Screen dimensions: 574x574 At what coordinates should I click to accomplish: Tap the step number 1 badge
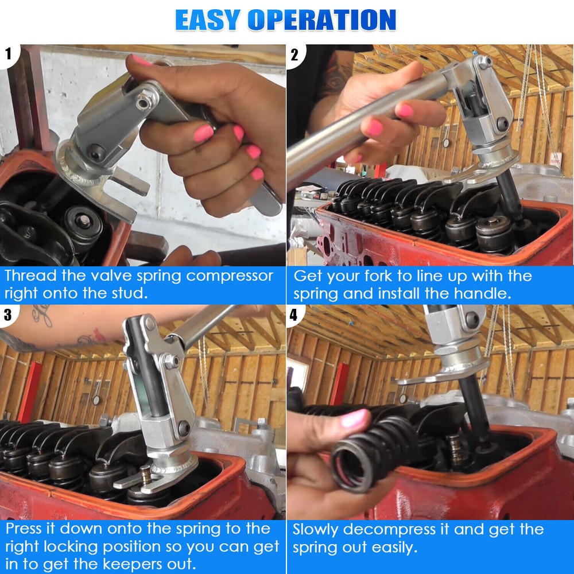click(9, 55)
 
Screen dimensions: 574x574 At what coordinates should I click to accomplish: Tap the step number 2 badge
click(294, 55)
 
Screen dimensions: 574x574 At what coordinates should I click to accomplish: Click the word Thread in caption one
click(29, 276)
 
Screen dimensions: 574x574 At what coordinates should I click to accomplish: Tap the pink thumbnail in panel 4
click(354, 418)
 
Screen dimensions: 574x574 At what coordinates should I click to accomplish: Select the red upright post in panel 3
click(29, 390)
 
